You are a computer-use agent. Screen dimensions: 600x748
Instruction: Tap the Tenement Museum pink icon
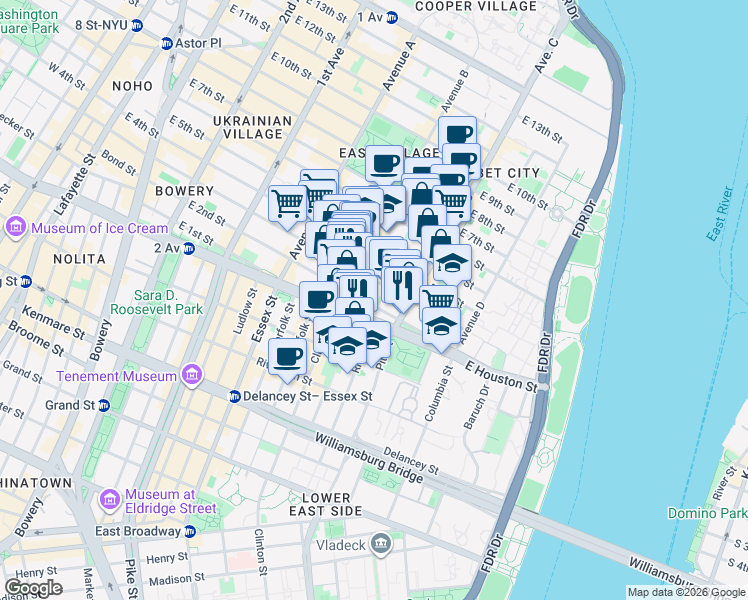point(192,376)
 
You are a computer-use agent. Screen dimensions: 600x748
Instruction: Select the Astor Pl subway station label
point(197,43)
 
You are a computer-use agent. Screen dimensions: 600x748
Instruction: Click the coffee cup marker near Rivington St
point(288,356)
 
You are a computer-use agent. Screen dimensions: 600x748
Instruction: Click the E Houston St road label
point(501,375)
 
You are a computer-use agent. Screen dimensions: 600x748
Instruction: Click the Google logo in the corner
point(33,588)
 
